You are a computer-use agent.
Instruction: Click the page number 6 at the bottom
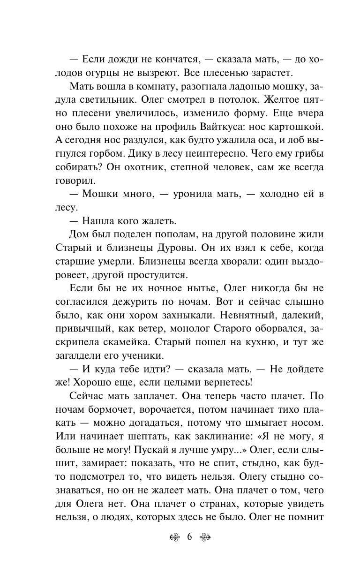[x=189, y=537]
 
